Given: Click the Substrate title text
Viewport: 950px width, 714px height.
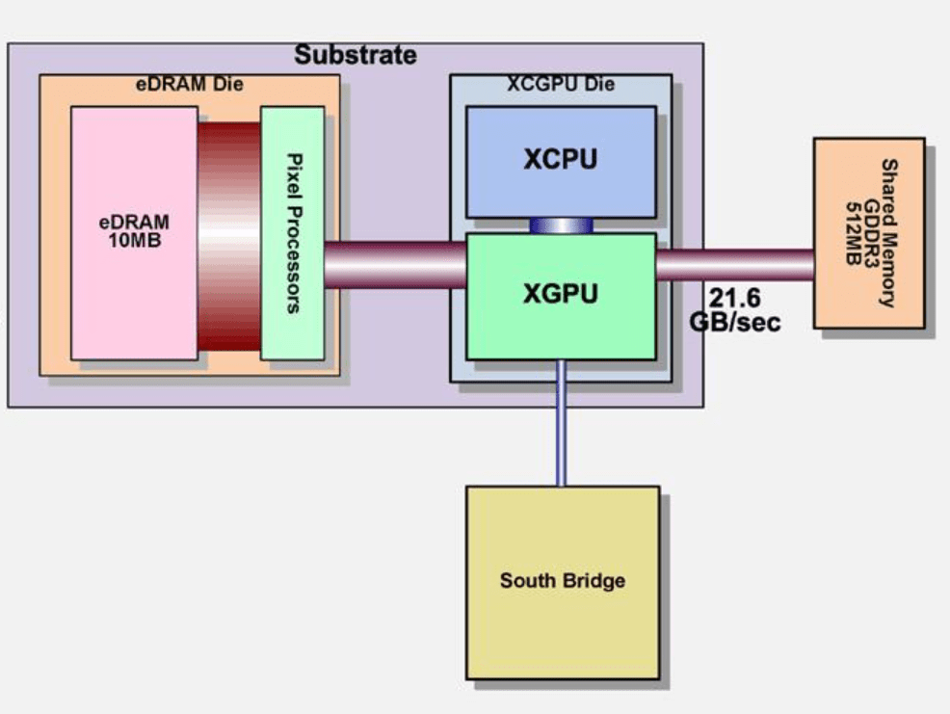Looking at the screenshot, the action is (356, 55).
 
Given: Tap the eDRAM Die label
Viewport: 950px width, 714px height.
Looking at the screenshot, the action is (190, 84).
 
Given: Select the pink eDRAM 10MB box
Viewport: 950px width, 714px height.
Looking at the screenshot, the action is (135, 233).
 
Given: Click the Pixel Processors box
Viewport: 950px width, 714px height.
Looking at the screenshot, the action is (293, 233).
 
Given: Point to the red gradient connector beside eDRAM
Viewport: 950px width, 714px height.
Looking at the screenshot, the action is (229, 236).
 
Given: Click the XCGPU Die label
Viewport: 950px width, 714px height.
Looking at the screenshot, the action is (561, 84).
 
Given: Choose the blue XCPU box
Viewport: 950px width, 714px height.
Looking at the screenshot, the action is (561, 162).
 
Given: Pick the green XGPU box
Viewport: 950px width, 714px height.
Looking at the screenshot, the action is (561, 297).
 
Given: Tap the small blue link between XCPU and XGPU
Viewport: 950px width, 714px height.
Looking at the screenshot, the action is (561, 225).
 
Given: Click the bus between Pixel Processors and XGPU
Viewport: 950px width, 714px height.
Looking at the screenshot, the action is (395, 265).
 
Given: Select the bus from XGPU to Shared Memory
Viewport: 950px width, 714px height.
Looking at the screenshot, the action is (735, 265).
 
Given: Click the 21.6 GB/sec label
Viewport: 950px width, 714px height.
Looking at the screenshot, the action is (735, 309).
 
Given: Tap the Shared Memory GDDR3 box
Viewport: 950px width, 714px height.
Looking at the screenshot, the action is (869, 233).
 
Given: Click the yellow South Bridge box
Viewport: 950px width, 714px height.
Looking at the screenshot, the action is (563, 582).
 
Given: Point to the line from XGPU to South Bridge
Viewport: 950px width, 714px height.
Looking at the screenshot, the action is (561, 423).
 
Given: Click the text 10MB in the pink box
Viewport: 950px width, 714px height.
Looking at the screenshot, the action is (135, 241).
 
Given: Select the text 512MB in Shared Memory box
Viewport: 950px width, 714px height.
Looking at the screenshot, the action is (854, 233).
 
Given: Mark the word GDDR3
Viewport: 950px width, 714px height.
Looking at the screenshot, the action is (871, 233).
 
